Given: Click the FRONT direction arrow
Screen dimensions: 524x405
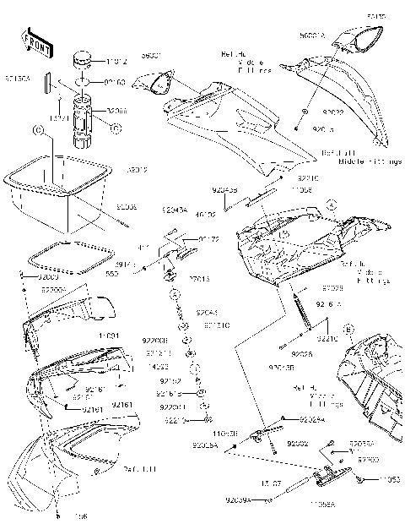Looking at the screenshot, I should (33, 41).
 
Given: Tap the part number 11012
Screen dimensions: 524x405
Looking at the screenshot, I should (119, 62).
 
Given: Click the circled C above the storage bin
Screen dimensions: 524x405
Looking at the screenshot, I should (37, 131).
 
